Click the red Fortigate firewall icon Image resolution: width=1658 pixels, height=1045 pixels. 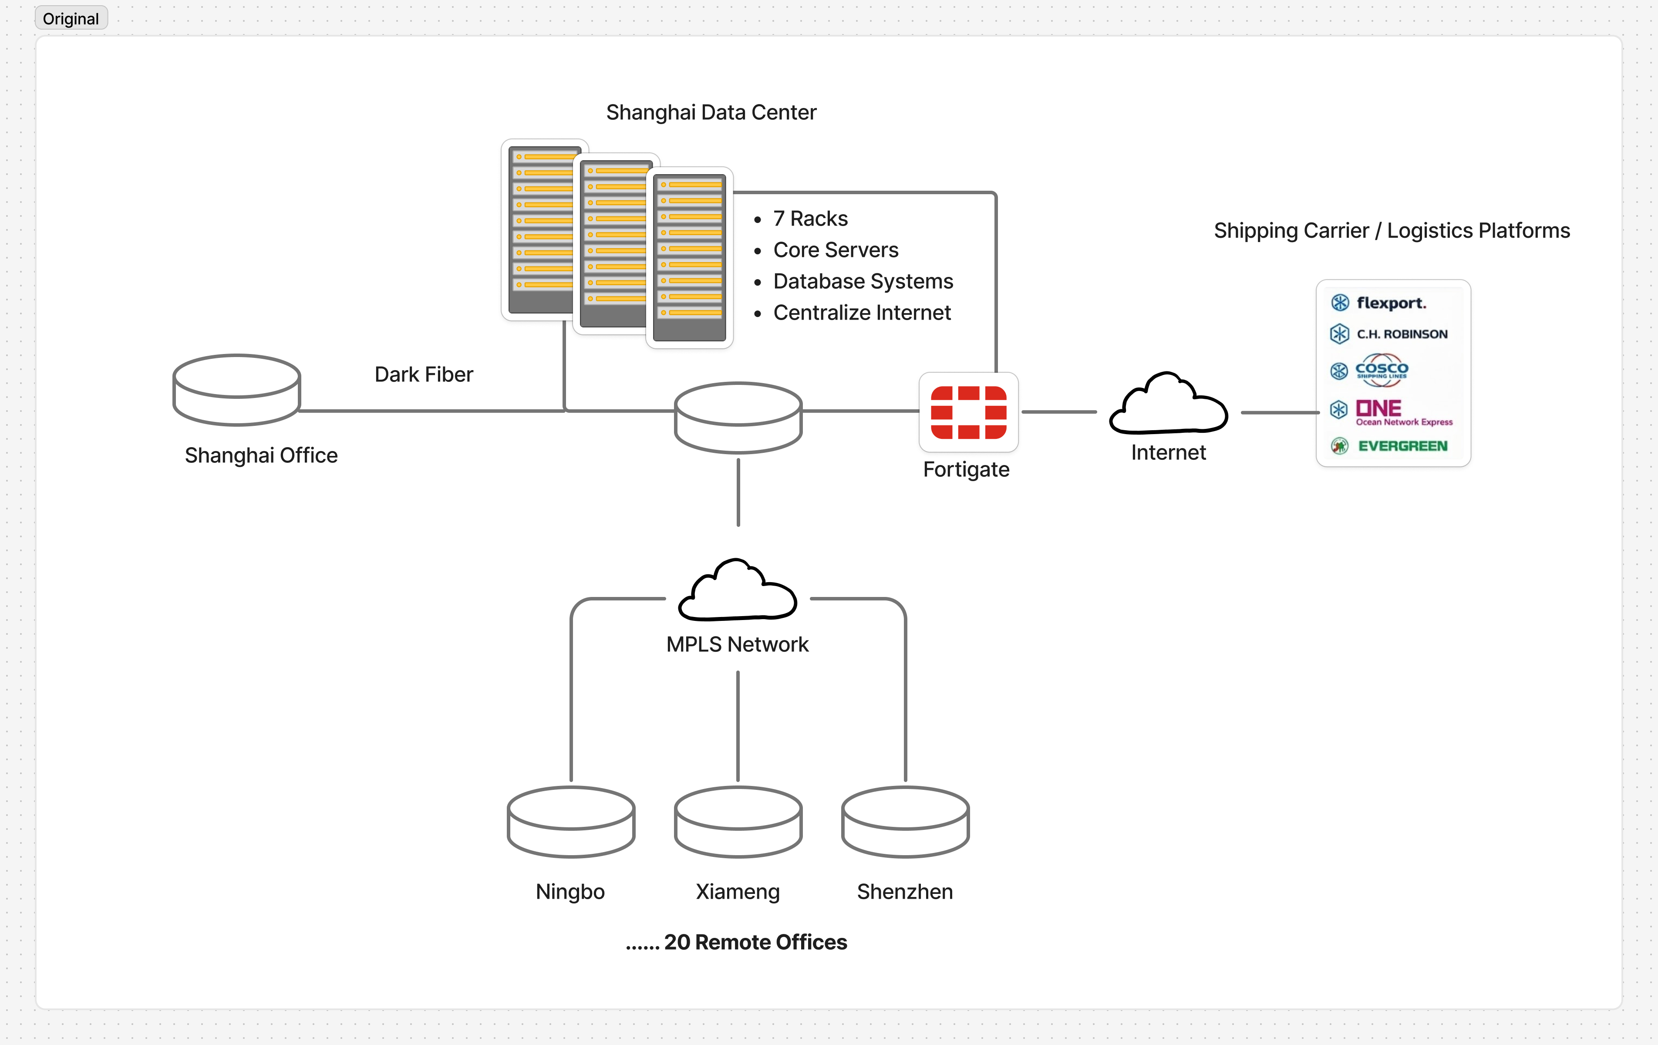point(968,412)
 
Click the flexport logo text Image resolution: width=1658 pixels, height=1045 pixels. point(1391,303)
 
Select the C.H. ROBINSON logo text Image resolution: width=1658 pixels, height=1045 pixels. point(1402,334)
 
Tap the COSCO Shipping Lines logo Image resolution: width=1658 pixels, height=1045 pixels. point(1381,371)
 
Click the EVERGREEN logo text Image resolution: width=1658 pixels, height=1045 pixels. point(1402,446)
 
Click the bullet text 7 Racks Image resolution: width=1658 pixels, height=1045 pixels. point(810,218)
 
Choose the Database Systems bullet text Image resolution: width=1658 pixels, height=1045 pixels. point(863,281)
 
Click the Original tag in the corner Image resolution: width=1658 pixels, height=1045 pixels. point(71,19)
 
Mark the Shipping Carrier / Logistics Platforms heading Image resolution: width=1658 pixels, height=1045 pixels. point(1392,231)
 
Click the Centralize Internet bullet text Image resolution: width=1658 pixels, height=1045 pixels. point(861,313)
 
